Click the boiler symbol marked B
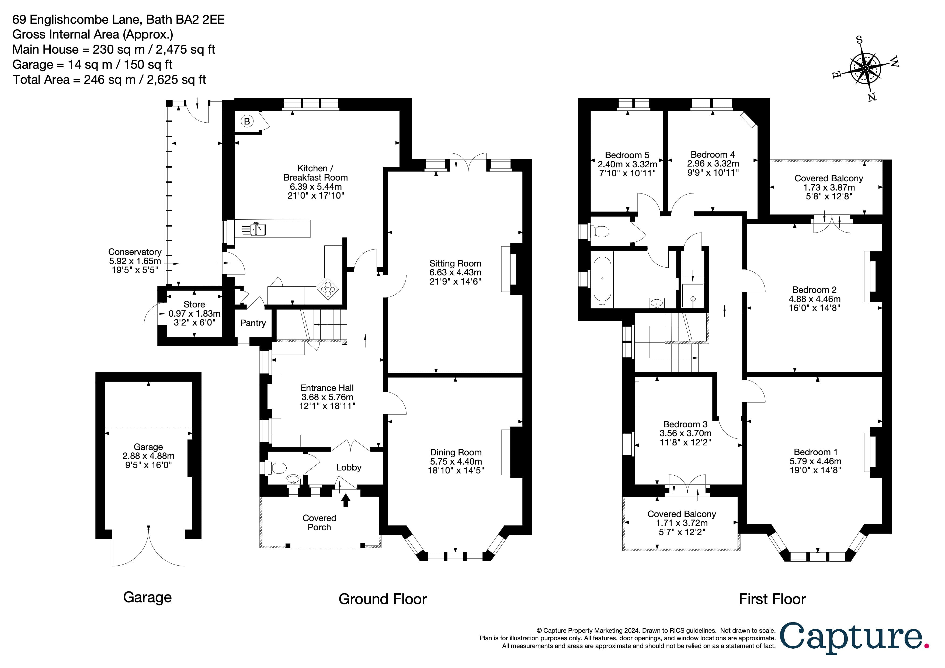click(247, 122)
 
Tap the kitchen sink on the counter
click(259, 229)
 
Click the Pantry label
click(253, 323)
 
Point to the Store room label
click(194, 304)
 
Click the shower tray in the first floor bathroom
click(693, 296)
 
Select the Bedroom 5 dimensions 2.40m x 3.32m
click(627, 164)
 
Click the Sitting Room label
click(455, 264)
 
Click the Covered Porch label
click(319, 523)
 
